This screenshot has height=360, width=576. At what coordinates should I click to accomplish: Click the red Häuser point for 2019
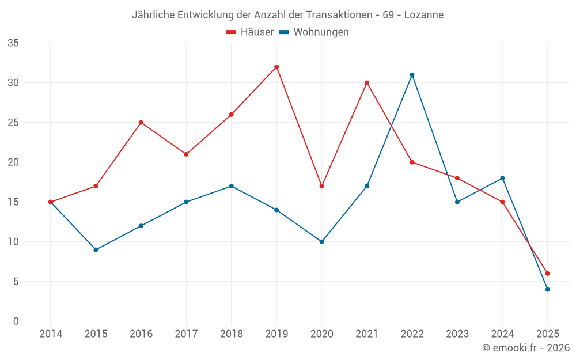click(276, 67)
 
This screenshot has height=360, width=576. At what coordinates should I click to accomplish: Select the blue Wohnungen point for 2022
click(412, 75)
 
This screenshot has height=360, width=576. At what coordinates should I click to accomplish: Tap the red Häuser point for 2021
click(367, 83)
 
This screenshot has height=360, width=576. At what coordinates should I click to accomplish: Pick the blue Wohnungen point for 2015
click(96, 249)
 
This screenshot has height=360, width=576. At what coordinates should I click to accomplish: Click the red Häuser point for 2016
click(141, 123)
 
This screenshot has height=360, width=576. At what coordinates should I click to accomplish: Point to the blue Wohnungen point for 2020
click(321, 242)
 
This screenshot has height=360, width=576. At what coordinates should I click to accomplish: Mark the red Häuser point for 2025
click(548, 274)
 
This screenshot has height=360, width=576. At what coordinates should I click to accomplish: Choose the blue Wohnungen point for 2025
click(548, 290)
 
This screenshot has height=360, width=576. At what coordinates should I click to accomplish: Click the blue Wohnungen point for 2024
click(502, 178)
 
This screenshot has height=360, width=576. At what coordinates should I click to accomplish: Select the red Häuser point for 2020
click(321, 186)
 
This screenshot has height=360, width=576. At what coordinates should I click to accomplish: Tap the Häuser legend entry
click(251, 32)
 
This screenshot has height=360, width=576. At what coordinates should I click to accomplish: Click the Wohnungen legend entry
click(314, 32)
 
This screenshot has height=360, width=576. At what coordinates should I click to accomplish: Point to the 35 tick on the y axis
click(13, 43)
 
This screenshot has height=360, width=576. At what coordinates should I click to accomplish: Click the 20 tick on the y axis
click(13, 162)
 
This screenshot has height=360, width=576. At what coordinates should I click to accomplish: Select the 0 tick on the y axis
click(16, 321)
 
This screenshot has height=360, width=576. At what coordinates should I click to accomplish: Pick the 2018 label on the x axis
click(231, 334)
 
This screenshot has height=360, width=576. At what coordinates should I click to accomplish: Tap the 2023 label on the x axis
click(457, 334)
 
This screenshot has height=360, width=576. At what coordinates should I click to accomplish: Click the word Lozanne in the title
click(424, 15)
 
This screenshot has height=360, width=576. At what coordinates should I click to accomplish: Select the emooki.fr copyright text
click(526, 348)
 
